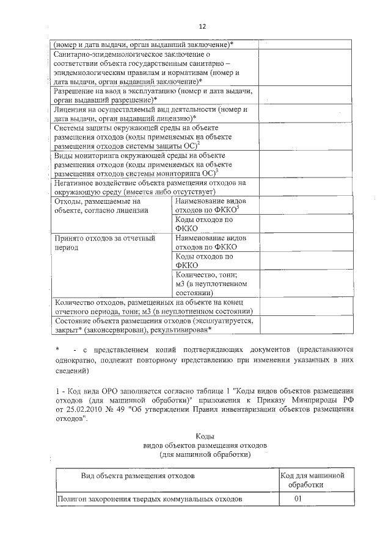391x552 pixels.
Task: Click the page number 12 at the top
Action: coord(202,26)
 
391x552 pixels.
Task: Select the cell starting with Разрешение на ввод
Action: coord(153,95)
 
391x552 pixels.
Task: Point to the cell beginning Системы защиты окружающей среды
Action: coord(153,137)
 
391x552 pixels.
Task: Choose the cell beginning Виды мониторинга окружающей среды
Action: coord(153,165)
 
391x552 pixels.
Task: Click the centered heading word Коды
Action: coord(204,436)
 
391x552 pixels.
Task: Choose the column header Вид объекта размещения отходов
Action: coord(138,475)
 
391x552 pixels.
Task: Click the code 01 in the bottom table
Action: coord(298,498)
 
